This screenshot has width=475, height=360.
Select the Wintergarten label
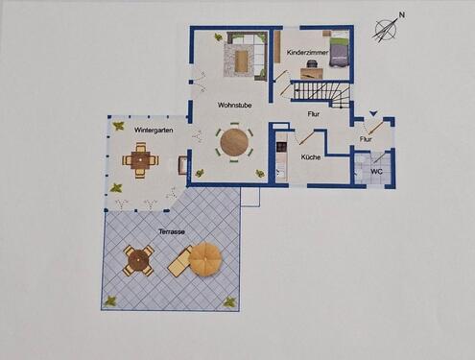(x=154, y=130)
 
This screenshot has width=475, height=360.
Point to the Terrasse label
(x=172, y=232)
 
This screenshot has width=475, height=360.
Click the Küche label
(x=310, y=156)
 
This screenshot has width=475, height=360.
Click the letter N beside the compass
(x=402, y=15)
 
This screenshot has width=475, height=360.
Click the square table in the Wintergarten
(x=140, y=160)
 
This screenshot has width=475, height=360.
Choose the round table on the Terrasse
(x=138, y=259)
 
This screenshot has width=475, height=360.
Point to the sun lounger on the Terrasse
(x=180, y=259)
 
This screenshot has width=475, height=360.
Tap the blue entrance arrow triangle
(x=373, y=114)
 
